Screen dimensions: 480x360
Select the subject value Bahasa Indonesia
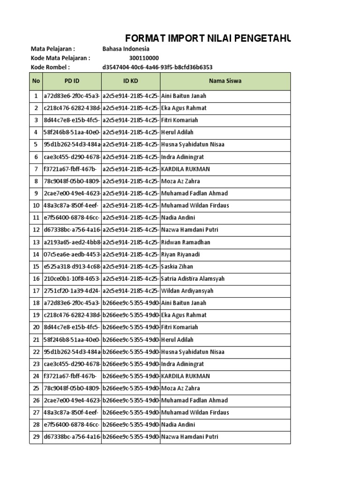coord(126,49)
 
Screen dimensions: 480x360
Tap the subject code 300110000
coord(144,58)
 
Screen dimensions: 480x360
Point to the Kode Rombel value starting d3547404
coord(154,67)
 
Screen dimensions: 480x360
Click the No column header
coord(36,81)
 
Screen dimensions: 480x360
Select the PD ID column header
coord(72,81)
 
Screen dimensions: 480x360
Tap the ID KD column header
coord(131,81)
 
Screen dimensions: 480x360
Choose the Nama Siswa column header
coord(225,81)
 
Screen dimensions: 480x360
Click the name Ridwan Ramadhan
coord(186,242)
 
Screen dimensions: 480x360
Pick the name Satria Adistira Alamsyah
coord(193,279)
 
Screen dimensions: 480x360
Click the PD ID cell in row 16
coord(72,279)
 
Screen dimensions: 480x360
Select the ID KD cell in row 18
coord(131,303)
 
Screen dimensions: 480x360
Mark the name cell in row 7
coord(186,169)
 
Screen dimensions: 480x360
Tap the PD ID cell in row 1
coord(72,96)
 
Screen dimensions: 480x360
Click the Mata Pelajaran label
coord(52,49)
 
